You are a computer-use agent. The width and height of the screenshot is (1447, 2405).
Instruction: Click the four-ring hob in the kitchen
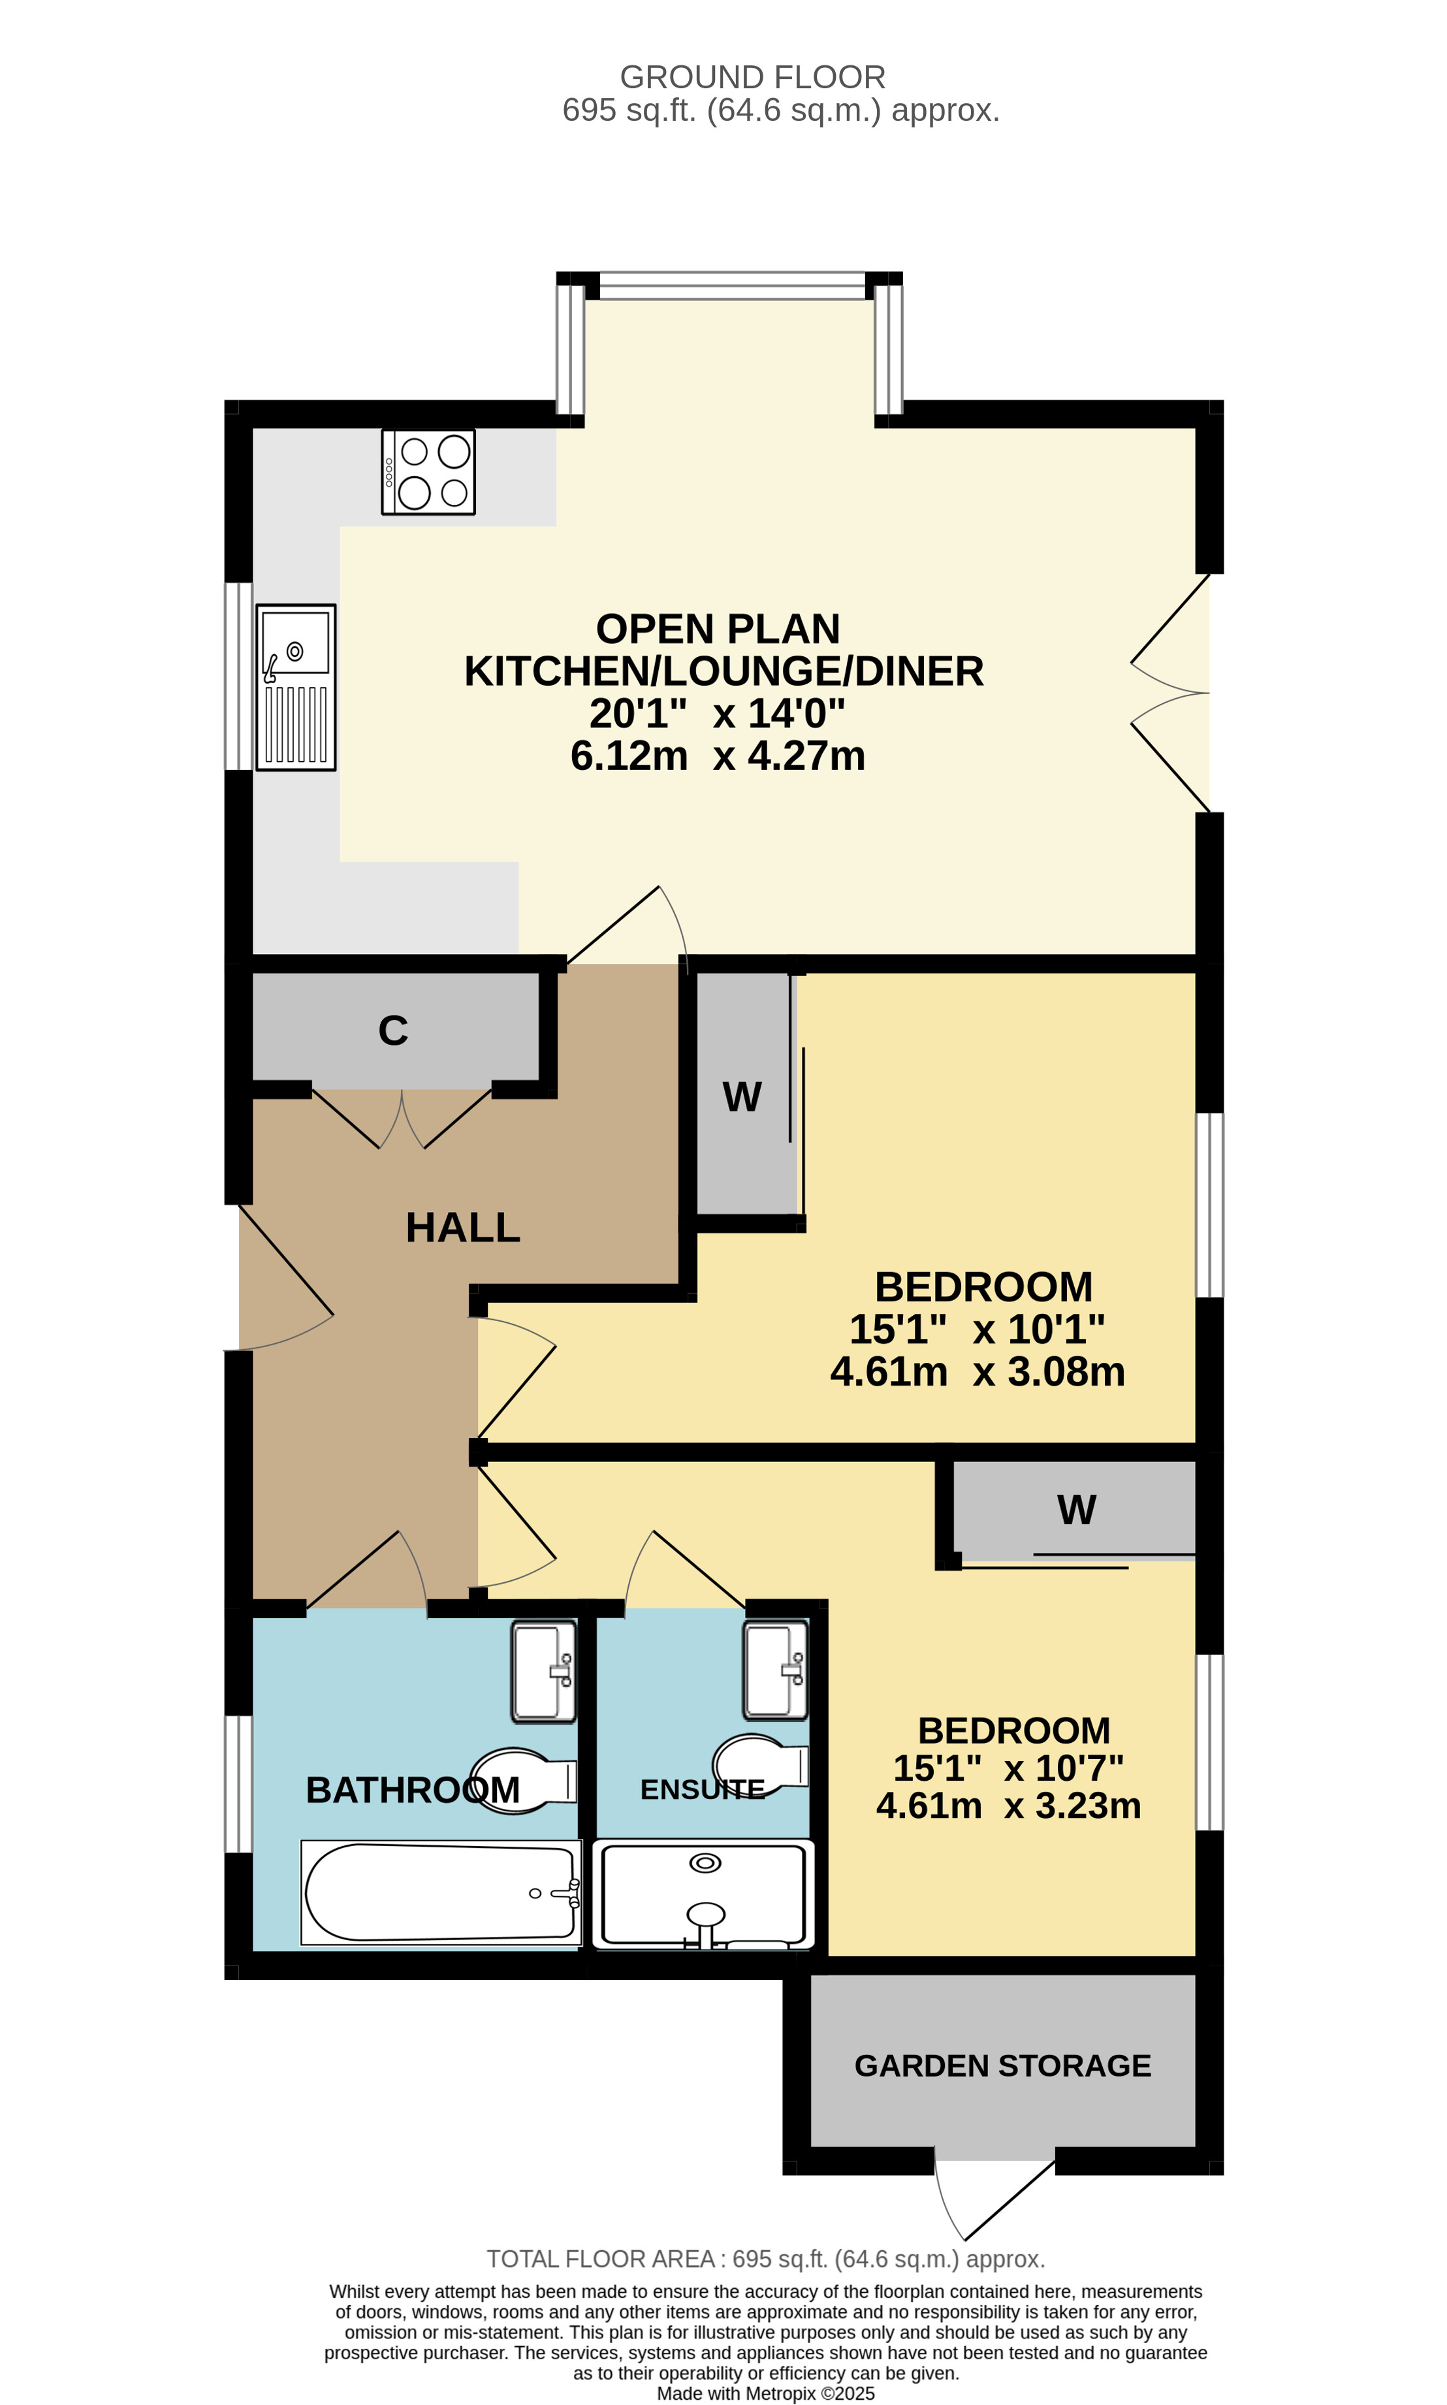(x=428, y=472)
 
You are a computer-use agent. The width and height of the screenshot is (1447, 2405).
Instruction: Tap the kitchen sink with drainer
(x=296, y=687)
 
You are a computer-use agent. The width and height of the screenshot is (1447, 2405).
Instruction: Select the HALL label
(x=463, y=1228)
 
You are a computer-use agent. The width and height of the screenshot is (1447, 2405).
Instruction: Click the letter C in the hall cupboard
(x=393, y=1030)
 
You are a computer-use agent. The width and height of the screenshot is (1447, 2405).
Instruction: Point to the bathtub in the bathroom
(x=441, y=1892)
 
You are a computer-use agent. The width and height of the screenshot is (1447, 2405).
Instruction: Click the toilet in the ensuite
(x=761, y=1766)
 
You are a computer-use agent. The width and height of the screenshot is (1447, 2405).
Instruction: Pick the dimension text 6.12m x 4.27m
(x=718, y=756)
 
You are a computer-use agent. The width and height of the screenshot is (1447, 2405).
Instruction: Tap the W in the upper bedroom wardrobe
(x=742, y=1098)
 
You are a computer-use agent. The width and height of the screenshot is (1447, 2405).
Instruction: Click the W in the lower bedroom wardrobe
(x=1077, y=1510)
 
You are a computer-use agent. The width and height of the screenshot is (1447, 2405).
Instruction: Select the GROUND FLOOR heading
(x=753, y=77)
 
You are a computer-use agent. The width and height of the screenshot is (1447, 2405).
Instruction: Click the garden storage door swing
(x=994, y=2199)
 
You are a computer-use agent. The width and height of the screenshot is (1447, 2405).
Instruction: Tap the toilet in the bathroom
(x=524, y=1780)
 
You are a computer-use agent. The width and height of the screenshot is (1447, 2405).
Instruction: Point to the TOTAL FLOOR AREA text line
(x=765, y=2259)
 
